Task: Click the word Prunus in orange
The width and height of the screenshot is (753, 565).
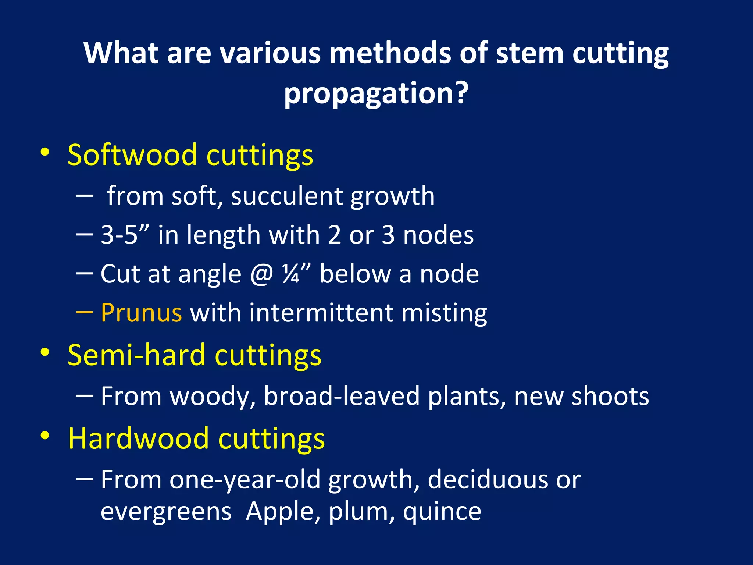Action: click(141, 313)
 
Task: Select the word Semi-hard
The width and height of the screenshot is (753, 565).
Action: click(136, 355)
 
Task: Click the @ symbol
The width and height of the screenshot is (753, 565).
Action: click(261, 274)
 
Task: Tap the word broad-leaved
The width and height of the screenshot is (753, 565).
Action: click(342, 396)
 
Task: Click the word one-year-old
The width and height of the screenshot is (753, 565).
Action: click(245, 480)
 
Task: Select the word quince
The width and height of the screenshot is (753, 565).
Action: click(442, 512)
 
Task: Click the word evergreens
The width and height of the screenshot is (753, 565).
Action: click(166, 512)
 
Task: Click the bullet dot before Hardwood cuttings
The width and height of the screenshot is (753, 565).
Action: click(45, 436)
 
